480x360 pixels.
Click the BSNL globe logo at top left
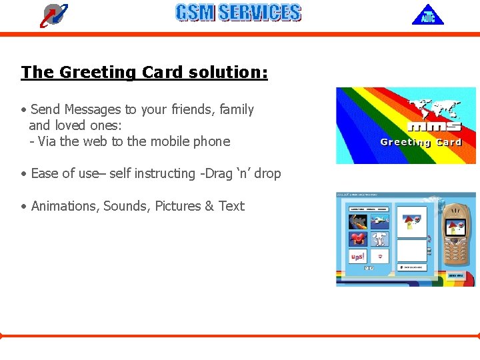pyautogui.click(x=54, y=15)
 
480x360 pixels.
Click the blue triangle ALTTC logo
pyautogui.click(x=427, y=15)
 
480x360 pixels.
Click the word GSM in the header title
pyautogui.click(x=195, y=13)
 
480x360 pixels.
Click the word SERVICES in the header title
pyautogui.click(x=259, y=13)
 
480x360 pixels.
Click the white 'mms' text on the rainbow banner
pyautogui.click(x=433, y=126)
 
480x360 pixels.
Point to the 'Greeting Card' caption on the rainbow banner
pyautogui.click(x=421, y=142)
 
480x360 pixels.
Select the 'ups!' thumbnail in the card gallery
pyautogui.click(x=358, y=257)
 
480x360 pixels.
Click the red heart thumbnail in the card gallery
pyautogui.click(x=358, y=238)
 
